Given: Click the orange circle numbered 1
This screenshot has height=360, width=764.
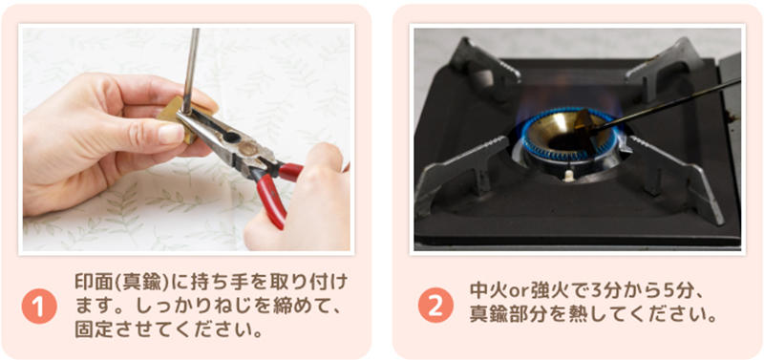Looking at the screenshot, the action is (x=39, y=307).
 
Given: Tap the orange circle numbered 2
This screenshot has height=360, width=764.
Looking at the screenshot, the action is (x=435, y=305).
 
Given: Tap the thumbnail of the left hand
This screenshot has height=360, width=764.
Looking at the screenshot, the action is (x=171, y=134).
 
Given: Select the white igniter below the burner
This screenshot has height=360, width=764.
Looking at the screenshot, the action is (x=568, y=175).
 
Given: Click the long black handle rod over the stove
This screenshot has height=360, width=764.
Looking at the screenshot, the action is (x=668, y=104).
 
